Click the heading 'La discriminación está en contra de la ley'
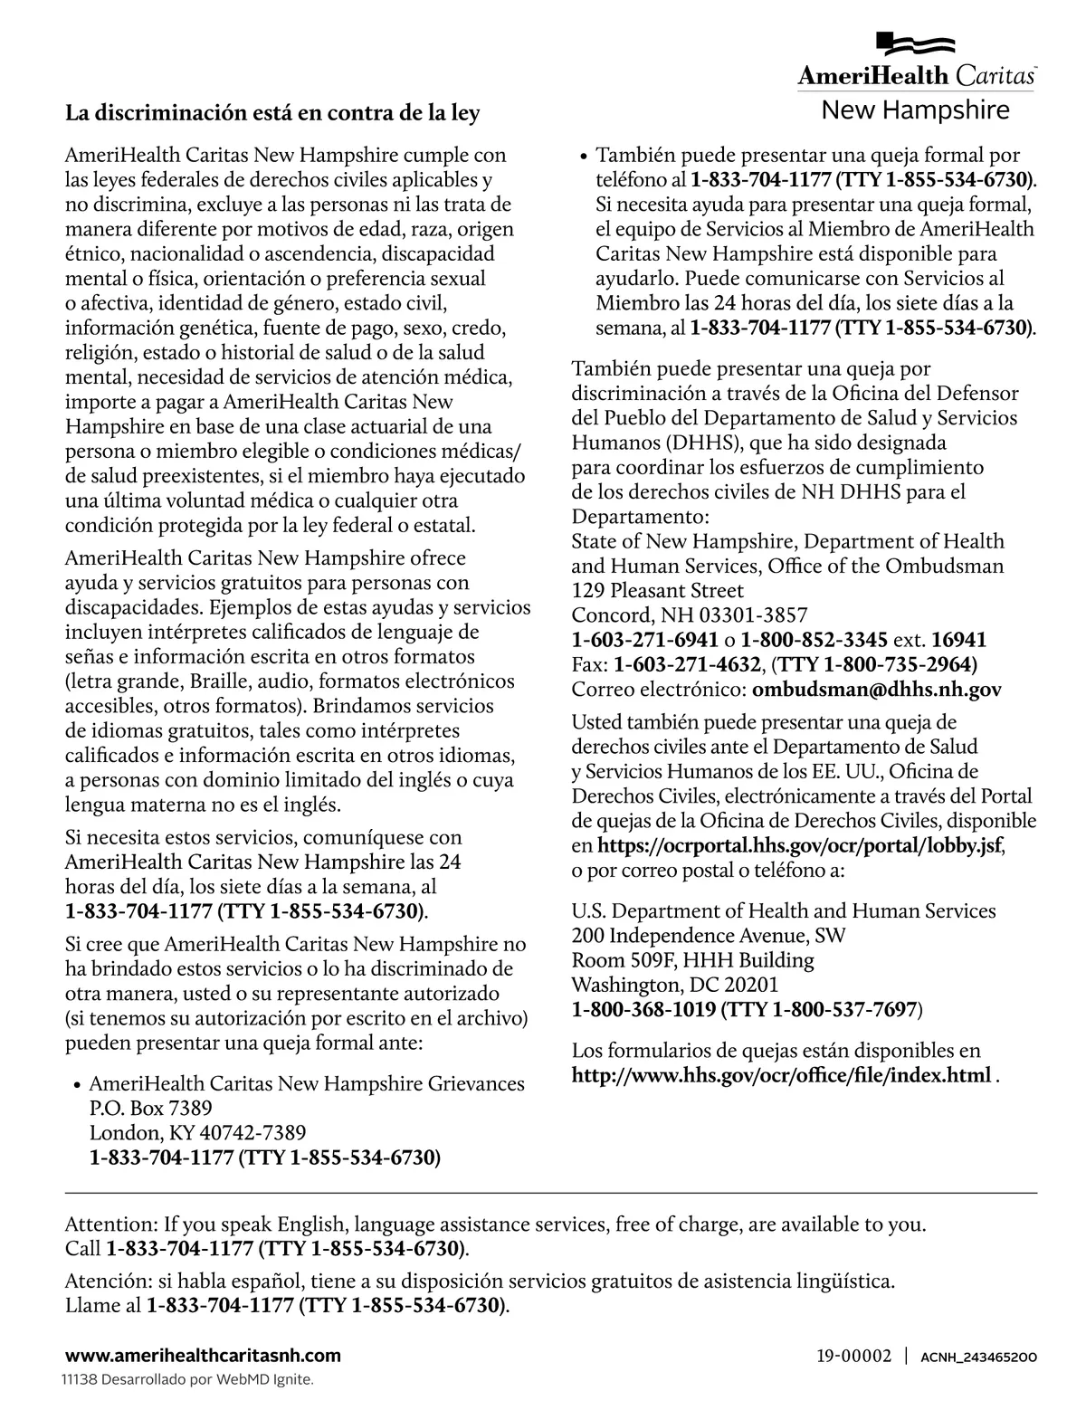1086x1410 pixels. click(272, 114)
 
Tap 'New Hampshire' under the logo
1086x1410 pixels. click(915, 110)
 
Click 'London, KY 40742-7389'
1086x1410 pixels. click(197, 1132)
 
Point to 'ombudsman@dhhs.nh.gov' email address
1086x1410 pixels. click(877, 690)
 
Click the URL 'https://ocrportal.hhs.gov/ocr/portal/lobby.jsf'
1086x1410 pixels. click(800, 846)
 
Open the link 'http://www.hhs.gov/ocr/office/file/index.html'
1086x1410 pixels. click(781, 1075)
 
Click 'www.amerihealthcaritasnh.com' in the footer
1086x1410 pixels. click(203, 1355)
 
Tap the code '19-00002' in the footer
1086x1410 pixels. click(853, 1356)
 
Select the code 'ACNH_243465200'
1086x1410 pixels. click(977, 1357)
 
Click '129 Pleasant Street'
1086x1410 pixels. click(657, 591)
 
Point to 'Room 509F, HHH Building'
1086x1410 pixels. click(692, 960)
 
